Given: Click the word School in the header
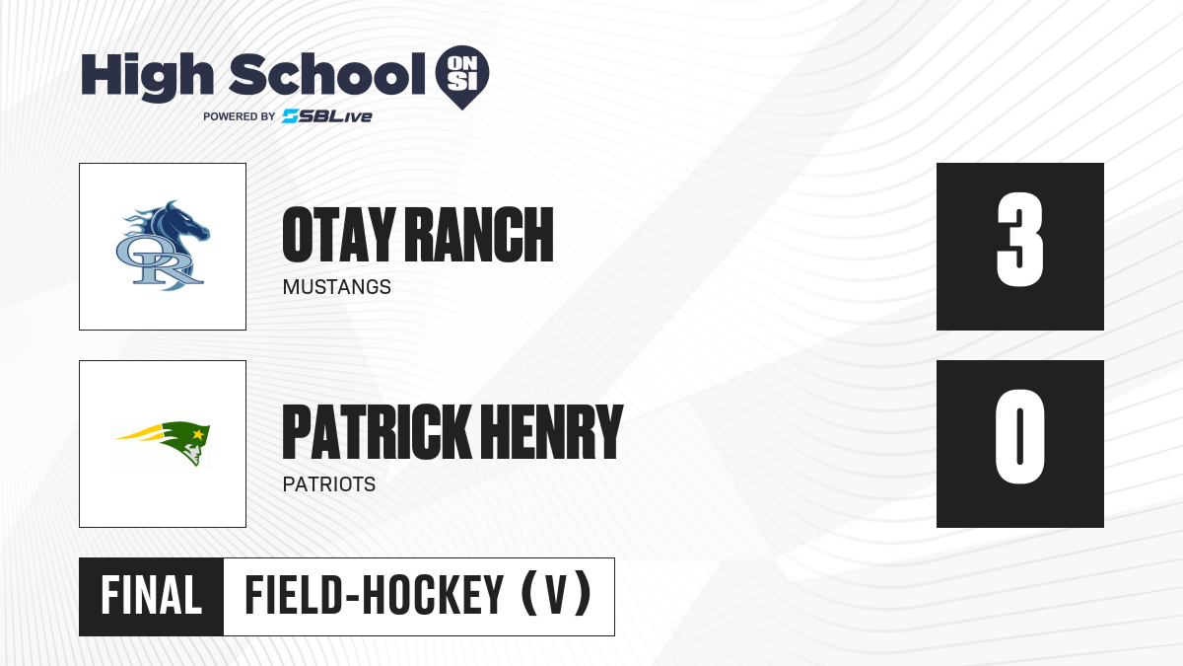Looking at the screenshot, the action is (x=327, y=74).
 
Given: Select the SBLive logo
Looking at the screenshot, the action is (x=327, y=116).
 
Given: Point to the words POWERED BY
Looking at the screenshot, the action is (x=240, y=116).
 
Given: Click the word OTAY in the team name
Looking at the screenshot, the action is (x=339, y=235).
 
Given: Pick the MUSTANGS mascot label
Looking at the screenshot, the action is (x=337, y=287).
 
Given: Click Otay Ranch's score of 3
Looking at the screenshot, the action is (x=1019, y=240).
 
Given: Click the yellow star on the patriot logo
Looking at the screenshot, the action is (x=198, y=434).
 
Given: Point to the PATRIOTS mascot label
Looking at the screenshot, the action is (x=329, y=484).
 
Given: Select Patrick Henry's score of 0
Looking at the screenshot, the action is (x=1019, y=436).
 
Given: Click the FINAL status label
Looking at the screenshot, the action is (x=152, y=596).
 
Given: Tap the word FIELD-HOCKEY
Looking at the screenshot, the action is (x=375, y=596).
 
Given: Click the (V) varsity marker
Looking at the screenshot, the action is (x=556, y=596).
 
